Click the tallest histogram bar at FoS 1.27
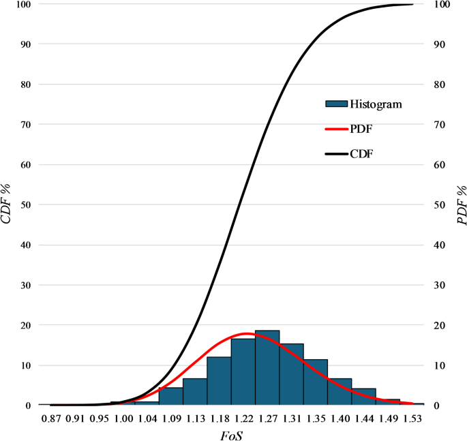click(267, 368)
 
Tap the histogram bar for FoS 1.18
click(219, 381)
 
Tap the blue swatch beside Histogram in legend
click(336, 104)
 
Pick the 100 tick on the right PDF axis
click(442, 5)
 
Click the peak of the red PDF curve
click(247, 333)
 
